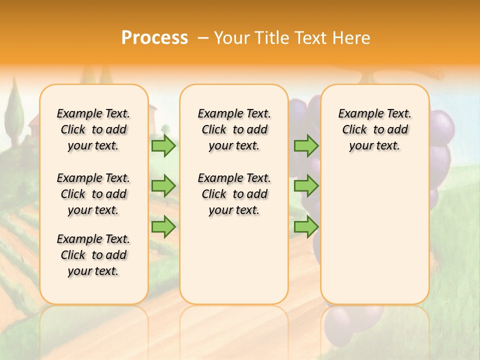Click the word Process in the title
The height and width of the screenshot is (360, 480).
154,38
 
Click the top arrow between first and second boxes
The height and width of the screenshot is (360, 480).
163,145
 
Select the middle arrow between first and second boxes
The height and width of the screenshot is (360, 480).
163,186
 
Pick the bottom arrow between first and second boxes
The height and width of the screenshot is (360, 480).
163,226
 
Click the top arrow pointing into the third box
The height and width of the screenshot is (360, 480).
306,145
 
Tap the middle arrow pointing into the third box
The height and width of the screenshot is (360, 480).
306,186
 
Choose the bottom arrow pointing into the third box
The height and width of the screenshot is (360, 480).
306,226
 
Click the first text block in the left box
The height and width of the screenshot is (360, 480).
93,129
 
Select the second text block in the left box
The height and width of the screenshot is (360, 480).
93,194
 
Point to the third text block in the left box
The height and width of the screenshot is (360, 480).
93,255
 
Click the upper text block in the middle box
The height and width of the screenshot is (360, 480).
234,129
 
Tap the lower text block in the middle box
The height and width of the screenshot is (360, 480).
234,194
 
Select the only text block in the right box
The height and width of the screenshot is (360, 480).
374,129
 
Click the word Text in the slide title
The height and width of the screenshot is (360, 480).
310,38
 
